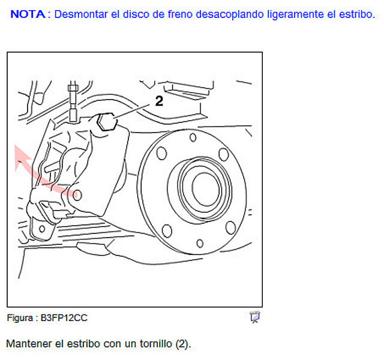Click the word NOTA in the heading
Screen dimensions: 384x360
pyautogui.click(x=28, y=14)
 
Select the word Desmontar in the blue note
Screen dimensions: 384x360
pyautogui.click(x=81, y=14)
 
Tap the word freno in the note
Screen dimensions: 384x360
pyautogui.click(x=180, y=14)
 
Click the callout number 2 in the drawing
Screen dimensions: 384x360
pyautogui.click(x=159, y=101)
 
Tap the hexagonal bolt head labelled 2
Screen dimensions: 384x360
pyautogui.click(x=107, y=122)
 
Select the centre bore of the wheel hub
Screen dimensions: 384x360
pyautogui.click(x=205, y=189)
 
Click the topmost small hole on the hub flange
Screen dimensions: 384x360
pyautogui.click(x=193, y=137)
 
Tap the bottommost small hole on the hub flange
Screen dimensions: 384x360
pyautogui.click(x=200, y=244)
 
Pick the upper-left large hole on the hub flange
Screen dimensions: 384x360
pyautogui.click(x=161, y=154)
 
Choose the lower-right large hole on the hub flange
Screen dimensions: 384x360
pyautogui.click(x=230, y=228)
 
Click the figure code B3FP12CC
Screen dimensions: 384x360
pyautogui.click(x=64, y=318)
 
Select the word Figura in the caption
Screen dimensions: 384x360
pyautogui.click(x=20, y=318)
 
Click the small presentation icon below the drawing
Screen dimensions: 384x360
pyautogui.click(x=255, y=317)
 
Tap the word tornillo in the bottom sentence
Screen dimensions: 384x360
pyautogui.click(x=156, y=344)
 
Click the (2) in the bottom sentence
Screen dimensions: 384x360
pyautogui.click(x=183, y=344)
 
